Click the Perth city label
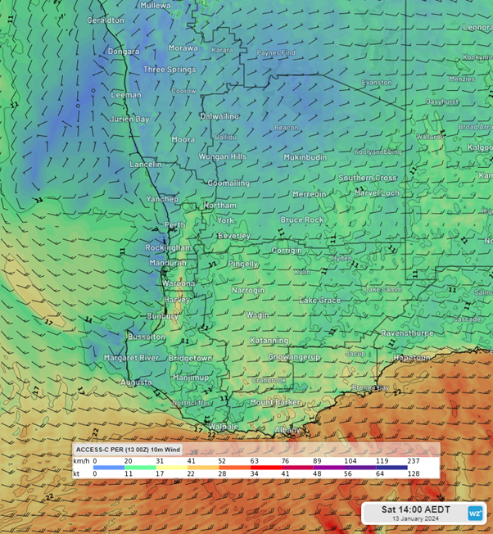click(174, 225)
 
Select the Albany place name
click(287, 430)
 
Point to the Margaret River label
click(131, 358)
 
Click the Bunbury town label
click(163, 316)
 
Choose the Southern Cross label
click(368, 178)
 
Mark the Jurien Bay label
click(130, 119)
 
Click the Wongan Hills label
click(223, 156)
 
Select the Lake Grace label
click(320, 301)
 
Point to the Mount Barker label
click(276, 402)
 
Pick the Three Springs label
click(170, 70)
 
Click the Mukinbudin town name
click(305, 156)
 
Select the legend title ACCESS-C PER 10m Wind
click(129, 450)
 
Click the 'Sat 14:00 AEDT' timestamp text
click(415, 509)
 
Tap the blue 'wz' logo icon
click(475, 514)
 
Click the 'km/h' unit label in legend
click(81, 462)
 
